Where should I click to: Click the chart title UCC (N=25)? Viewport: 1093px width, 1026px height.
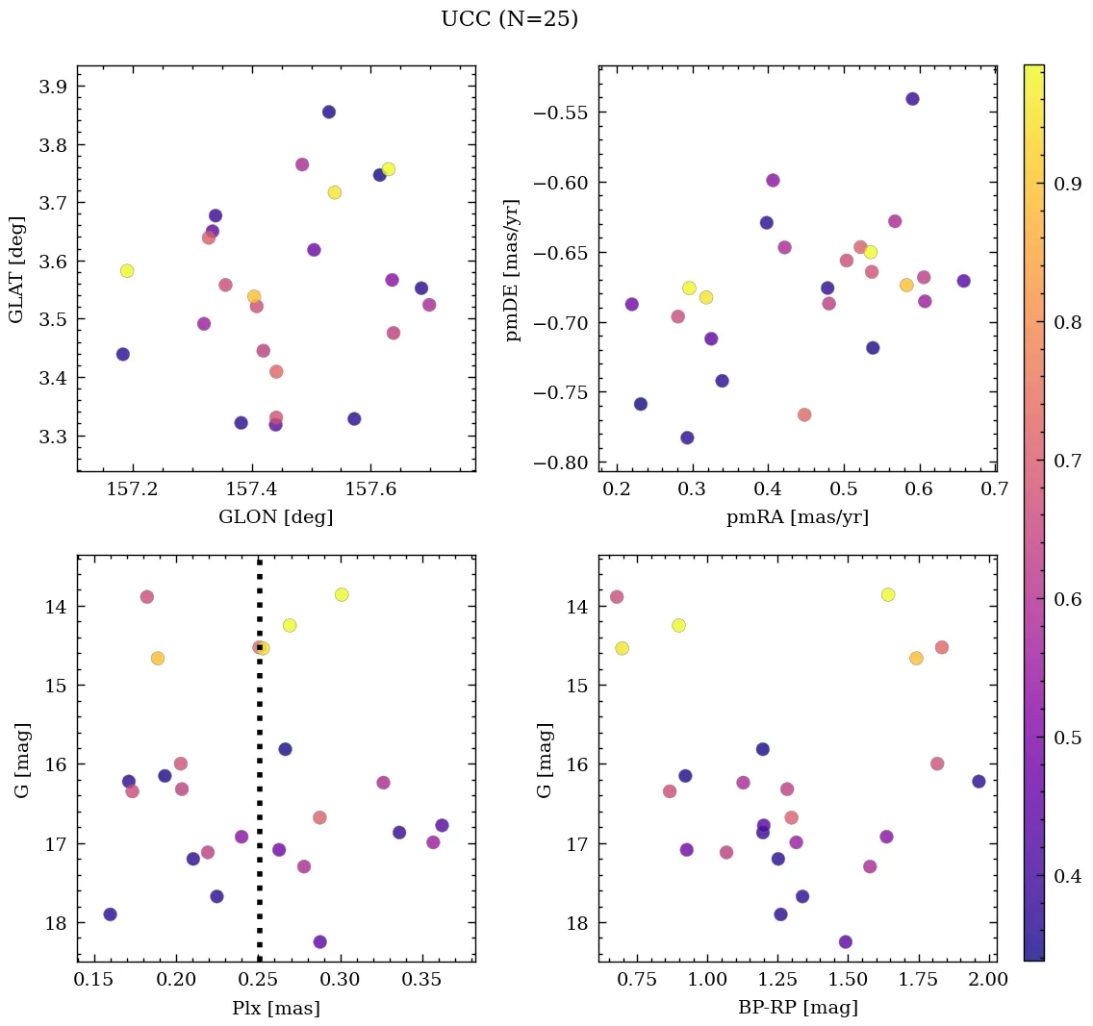click(509, 19)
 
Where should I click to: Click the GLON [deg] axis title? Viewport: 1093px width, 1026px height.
click(275, 517)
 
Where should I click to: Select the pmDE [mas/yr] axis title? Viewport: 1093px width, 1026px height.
click(513, 270)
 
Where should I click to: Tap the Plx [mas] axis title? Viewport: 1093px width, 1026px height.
click(275, 1008)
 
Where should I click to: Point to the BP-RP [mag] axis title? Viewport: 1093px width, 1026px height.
click(797, 1008)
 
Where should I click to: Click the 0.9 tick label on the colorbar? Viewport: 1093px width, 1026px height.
click(1068, 185)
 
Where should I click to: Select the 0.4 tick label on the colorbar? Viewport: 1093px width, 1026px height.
click(1068, 877)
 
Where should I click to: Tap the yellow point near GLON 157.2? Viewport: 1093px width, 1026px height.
click(127, 271)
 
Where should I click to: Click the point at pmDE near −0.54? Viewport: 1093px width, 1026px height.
click(912, 99)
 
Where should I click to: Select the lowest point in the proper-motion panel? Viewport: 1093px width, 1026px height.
click(687, 438)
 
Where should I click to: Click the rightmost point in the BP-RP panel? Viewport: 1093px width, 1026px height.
click(979, 781)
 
